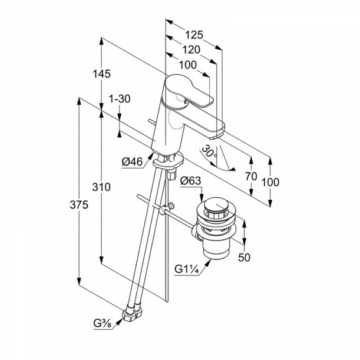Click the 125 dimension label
point(194,35)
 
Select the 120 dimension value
point(191,49)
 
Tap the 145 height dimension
point(101,74)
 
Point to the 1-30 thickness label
point(120,99)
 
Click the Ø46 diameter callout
point(132,162)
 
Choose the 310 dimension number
point(101,187)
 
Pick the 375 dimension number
point(79,205)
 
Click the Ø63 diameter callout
point(191,180)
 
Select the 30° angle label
point(209,152)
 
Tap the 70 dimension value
point(251,176)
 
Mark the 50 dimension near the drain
point(244,258)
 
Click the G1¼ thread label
point(187,269)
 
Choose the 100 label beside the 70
point(270,182)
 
